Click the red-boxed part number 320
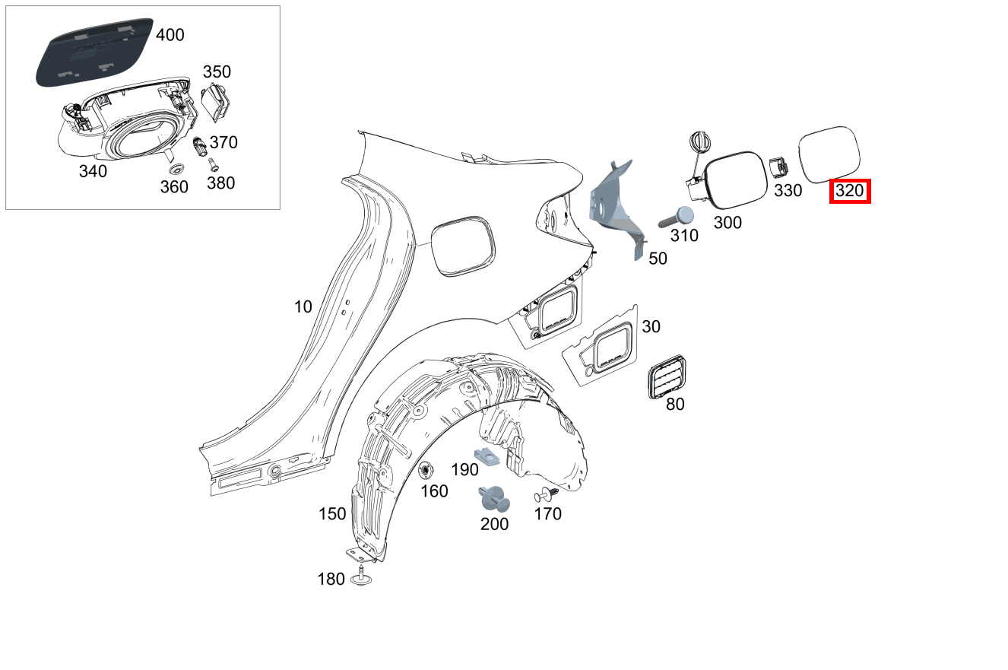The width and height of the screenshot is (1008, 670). pos(849,191)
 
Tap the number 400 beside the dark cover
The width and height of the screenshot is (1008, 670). pos(170,35)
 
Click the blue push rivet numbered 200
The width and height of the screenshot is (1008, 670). pos(493,498)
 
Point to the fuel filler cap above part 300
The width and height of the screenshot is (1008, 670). pos(699,143)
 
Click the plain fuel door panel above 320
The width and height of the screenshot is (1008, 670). pos(829,154)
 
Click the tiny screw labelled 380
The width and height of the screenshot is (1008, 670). pos(213,163)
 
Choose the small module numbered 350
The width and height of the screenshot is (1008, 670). pos(216,102)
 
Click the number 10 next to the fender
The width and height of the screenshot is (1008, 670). pos(303,307)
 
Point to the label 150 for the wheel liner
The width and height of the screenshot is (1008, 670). pos(332,515)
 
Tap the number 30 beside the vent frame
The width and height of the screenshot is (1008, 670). pos(651,326)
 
